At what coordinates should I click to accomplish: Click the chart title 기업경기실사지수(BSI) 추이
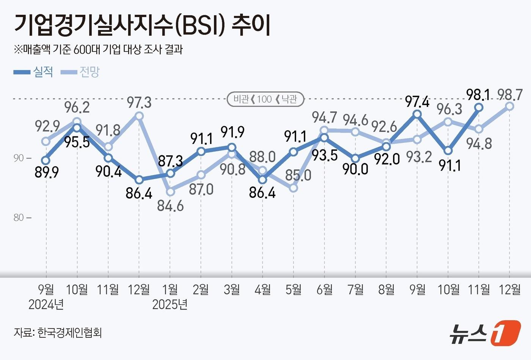pos(142,25)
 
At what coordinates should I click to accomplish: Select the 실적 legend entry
pos(34,72)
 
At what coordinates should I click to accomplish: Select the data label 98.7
pos(509,94)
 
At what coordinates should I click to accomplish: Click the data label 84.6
pos(170,206)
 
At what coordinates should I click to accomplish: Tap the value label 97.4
pos(417,102)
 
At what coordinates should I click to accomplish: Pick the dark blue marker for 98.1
pos(479,107)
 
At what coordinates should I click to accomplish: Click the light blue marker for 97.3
pos(139,116)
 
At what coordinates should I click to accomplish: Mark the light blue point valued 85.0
pos(294,188)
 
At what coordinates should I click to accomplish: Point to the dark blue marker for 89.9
pos(46,160)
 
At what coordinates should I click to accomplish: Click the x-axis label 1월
pos(170,290)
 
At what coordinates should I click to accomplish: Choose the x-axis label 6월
pos(325,290)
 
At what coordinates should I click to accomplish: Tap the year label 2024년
pos(46,304)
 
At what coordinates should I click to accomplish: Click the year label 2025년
pos(170,304)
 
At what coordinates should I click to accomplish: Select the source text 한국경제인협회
pos(70,333)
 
